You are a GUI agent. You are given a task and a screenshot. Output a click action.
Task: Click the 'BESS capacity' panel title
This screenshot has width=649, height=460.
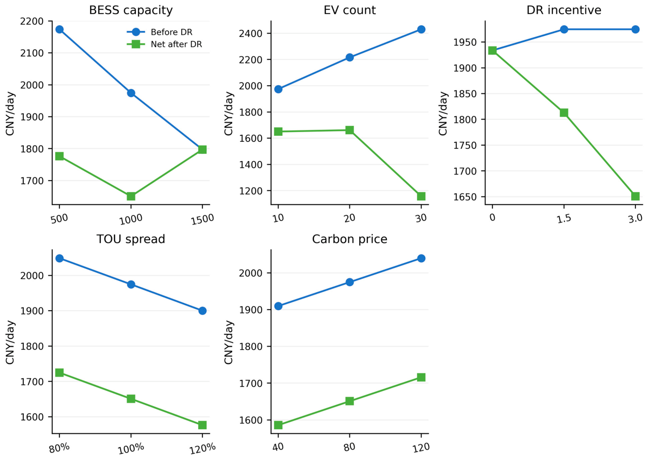coord(131,10)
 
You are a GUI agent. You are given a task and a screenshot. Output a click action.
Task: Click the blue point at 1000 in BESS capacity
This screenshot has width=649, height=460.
coord(131,93)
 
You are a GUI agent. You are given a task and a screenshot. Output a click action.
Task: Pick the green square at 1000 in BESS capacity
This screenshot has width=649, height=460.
coord(131,196)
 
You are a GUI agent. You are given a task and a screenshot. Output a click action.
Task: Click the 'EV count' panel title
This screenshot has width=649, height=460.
coord(349,10)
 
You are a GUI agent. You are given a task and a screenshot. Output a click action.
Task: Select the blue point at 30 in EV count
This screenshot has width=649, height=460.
coord(421,29)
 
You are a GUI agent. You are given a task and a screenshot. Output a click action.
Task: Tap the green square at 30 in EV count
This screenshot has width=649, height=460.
coord(421,196)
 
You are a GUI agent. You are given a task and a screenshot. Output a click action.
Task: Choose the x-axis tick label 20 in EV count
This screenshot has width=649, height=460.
coord(349,218)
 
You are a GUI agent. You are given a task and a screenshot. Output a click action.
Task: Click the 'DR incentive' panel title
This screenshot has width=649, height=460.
coord(564,10)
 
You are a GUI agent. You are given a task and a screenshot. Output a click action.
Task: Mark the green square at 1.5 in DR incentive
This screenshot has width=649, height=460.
coord(564,112)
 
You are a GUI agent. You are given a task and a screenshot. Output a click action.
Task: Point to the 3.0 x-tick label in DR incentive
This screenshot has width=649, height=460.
coord(635,218)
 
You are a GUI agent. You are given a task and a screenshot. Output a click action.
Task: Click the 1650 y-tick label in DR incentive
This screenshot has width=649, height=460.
coord(465,197)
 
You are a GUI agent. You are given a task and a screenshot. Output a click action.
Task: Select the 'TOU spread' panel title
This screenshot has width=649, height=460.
coord(131,239)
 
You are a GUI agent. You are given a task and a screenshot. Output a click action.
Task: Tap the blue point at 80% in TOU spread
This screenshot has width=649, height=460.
coord(59,258)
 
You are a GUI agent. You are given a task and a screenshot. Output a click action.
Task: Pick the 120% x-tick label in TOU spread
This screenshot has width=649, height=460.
coord(202,448)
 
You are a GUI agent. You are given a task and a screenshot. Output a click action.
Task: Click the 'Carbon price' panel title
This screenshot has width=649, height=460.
coord(349,239)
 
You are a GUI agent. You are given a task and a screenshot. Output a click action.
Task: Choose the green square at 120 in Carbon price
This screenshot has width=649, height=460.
coord(421,377)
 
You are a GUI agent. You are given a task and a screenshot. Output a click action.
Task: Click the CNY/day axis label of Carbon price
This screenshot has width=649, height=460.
coord(228,342)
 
